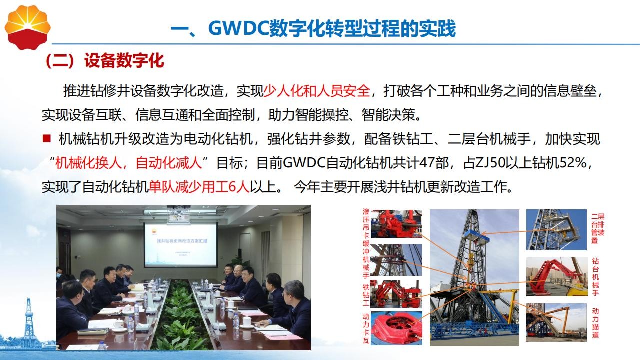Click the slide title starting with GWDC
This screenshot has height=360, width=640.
pyautogui.click(x=313, y=28)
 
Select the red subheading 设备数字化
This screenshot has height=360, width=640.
pyautogui.click(x=124, y=60)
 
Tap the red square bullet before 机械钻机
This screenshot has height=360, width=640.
pyautogui.click(x=46, y=139)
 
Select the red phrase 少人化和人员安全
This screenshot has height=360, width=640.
pyautogui.click(x=316, y=91)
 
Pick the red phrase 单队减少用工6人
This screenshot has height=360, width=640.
pyautogui.click(x=199, y=187)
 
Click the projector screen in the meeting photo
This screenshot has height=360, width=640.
pyautogui.click(x=181, y=245)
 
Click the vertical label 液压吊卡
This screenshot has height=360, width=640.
pyautogui.click(x=366, y=223)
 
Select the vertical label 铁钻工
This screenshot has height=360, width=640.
pyautogui.click(x=366, y=294)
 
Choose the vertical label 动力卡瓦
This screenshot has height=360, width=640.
pyautogui.click(x=366, y=328)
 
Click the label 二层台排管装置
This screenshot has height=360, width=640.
pyautogui.click(x=597, y=228)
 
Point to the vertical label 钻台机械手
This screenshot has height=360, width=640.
pyautogui.click(x=595, y=277)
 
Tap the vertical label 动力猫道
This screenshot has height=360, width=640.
pyautogui.click(x=595, y=323)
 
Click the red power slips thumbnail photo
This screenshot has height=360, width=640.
pyautogui.click(x=396, y=328)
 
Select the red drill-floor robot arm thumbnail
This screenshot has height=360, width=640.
pyautogui.click(x=556, y=277)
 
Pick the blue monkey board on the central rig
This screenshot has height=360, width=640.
pyautogui.click(x=477, y=235)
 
